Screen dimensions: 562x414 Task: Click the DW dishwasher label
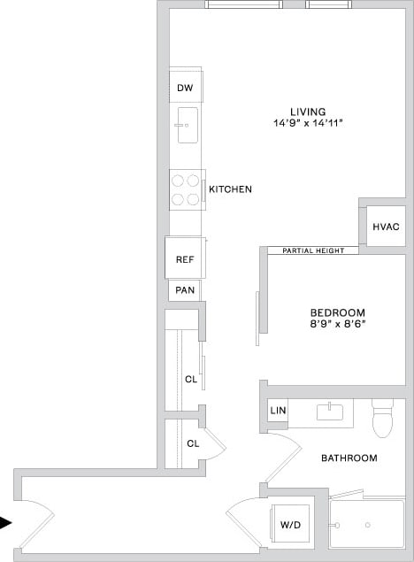pos(185,88)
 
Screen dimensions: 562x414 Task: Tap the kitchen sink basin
pos(187,125)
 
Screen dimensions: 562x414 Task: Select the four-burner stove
pos(186,189)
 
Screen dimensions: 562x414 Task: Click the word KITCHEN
pos(230,189)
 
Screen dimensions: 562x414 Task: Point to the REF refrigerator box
pos(185,259)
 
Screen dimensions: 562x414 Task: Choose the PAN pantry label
pos(185,289)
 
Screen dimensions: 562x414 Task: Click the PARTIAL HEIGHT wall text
pos(313,250)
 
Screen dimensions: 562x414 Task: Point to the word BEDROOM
pos(337,312)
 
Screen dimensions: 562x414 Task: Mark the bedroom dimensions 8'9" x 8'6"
pos(337,325)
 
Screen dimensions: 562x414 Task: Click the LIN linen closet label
pos(278,411)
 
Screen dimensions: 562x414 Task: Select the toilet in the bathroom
pos(382,420)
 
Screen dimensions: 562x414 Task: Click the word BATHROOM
pos(349,458)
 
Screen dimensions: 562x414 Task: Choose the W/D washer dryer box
pos(291,524)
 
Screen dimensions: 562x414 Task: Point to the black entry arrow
pos(6,523)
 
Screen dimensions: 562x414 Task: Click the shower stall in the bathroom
pos(365,527)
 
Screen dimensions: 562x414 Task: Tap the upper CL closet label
pos(190,380)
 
